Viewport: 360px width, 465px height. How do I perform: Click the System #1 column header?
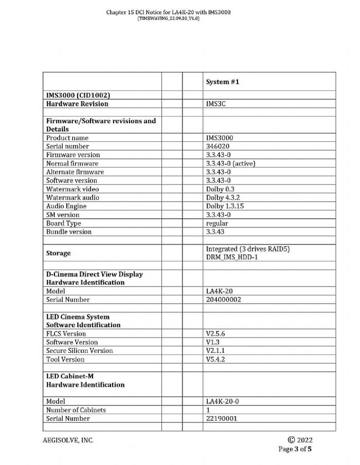[x=223, y=82]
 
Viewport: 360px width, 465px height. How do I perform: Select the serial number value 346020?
[x=217, y=146]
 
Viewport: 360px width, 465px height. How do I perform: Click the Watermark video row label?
[x=72, y=189]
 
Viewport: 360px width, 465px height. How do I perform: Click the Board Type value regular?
[x=217, y=224]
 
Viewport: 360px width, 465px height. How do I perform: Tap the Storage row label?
[x=59, y=253]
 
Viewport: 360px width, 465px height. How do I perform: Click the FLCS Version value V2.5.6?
[x=215, y=333]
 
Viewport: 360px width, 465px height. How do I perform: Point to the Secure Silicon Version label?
[x=79, y=350]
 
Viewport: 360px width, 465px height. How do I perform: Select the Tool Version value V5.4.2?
[x=215, y=359]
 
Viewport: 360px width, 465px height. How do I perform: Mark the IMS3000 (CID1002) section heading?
[x=78, y=96]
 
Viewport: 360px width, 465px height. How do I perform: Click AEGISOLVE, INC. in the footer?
[x=68, y=440]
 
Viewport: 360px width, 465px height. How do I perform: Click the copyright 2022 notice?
[x=301, y=440]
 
